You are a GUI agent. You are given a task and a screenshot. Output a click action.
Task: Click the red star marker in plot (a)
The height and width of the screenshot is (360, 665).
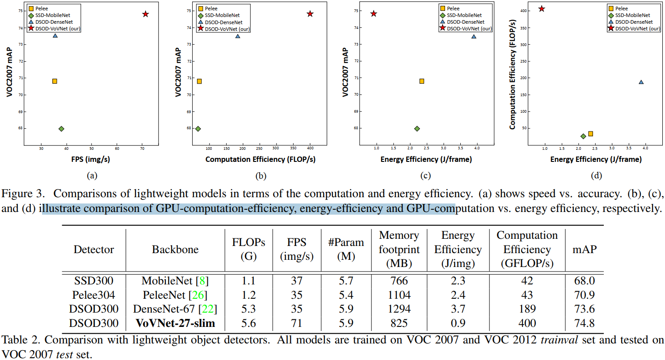(x=145, y=14)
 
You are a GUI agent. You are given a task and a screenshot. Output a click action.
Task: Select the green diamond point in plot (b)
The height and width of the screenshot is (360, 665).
(x=198, y=129)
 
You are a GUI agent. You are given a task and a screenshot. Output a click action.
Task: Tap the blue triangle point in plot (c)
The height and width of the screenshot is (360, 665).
(x=474, y=37)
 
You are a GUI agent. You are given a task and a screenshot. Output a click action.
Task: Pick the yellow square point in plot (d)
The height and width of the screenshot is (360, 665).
(x=590, y=134)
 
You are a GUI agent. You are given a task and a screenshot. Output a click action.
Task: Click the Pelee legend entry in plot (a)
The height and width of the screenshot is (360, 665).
(x=43, y=8)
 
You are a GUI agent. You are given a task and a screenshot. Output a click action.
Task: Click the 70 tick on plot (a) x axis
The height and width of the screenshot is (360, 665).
(x=142, y=148)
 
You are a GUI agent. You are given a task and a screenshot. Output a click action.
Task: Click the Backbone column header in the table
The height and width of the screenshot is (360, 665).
(x=175, y=250)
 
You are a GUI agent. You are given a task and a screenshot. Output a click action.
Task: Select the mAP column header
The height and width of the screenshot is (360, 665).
(x=584, y=250)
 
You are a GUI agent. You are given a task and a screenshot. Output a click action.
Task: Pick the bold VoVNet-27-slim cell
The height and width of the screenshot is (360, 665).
(x=175, y=323)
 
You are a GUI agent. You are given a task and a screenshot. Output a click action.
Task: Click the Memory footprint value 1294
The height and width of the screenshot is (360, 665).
(x=399, y=309)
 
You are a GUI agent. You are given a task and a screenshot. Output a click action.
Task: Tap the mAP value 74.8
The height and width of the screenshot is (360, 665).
(x=584, y=323)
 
